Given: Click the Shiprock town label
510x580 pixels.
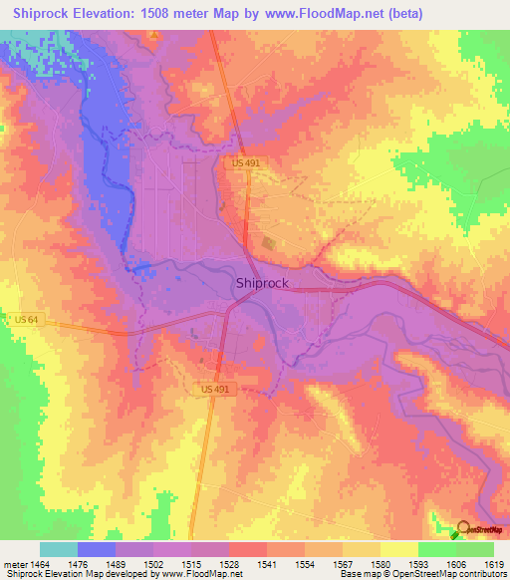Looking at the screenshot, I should pos(262,283).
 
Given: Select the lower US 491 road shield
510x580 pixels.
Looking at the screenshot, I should pos(217,389).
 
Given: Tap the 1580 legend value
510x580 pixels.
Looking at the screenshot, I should pos(381,564).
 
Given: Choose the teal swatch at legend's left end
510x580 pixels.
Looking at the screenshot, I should pos(59,549).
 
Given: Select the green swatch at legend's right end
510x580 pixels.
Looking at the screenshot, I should pos(474,549).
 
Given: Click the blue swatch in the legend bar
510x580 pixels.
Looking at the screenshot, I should pos(97,549).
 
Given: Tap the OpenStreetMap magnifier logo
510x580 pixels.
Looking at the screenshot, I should pos(463,531).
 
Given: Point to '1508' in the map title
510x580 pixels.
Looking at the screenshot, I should pos(148,13).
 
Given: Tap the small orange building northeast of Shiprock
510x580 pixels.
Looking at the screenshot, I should pos(267,242).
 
